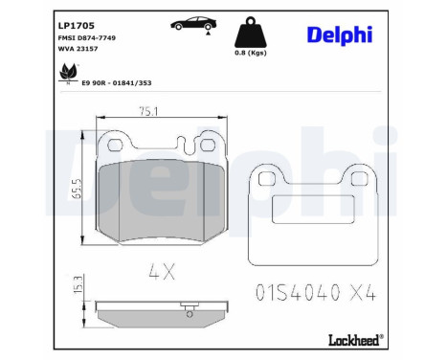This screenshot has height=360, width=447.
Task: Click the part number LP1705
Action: click(x=77, y=26)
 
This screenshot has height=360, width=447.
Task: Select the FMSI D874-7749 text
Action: click(x=87, y=38)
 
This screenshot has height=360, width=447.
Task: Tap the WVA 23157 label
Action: click(x=78, y=49)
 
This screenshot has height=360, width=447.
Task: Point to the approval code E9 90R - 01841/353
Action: click(x=117, y=83)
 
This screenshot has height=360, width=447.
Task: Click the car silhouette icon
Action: click(x=193, y=23)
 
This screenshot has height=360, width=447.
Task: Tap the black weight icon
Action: click(x=251, y=33)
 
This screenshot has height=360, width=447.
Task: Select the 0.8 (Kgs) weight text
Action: click(x=251, y=53)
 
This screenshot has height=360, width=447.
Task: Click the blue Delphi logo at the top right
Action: click(x=340, y=34)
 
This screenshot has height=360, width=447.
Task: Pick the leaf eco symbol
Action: click(x=68, y=73)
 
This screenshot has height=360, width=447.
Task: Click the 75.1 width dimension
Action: click(x=148, y=111)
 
